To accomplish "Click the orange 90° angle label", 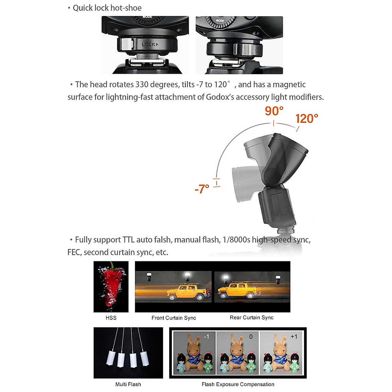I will click(274, 111).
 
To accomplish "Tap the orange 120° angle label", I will click(306, 119).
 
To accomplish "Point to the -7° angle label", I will click(202, 189).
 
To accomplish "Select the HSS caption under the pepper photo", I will click(111, 318).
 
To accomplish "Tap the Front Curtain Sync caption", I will click(174, 318).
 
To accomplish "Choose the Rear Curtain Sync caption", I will click(252, 318).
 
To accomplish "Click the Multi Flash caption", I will click(128, 384).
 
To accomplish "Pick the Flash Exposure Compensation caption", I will click(238, 384).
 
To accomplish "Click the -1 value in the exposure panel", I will click(206, 336).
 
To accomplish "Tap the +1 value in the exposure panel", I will click(294, 336).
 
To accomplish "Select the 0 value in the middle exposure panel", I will click(251, 336).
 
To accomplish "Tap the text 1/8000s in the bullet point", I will click(236, 240).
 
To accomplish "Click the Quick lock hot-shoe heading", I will click(107, 8).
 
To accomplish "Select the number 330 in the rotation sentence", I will click(142, 85).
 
